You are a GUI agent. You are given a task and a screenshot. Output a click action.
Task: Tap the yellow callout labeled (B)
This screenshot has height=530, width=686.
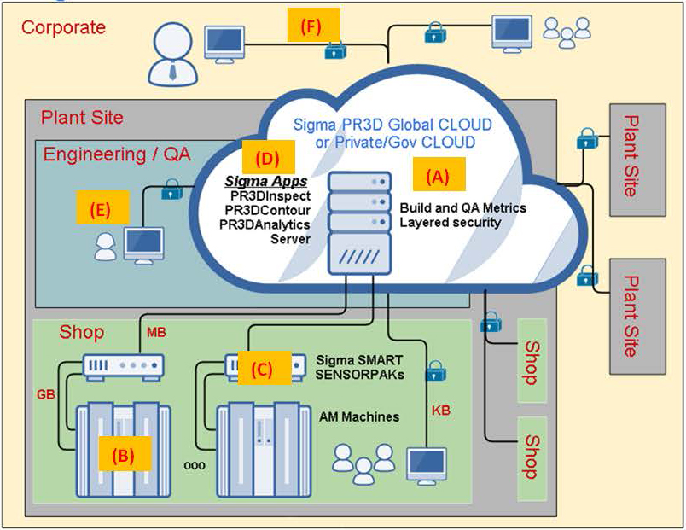[125, 454]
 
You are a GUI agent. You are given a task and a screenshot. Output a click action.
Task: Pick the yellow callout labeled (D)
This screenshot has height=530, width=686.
[268, 158]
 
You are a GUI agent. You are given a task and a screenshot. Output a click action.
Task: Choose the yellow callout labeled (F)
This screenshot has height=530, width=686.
[312, 26]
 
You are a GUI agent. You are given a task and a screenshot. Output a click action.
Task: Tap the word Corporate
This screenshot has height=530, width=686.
[63, 27]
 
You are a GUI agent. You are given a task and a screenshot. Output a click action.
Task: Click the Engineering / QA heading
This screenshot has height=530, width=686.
[117, 154]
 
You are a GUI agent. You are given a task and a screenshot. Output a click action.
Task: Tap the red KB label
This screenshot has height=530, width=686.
[441, 411]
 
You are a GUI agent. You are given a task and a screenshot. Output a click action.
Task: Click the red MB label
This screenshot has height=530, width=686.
[157, 330]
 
